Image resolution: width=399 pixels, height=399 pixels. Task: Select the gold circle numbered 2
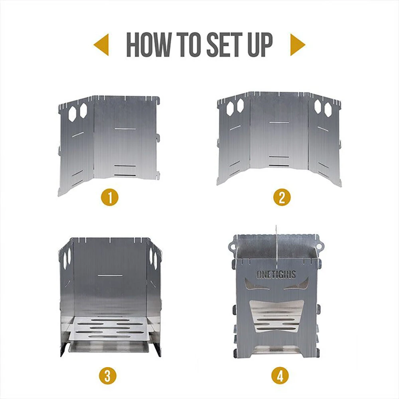click(x=282, y=197)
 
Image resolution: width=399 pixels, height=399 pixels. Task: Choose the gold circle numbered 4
click(x=280, y=375)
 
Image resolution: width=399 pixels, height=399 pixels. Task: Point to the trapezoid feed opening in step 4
click(x=276, y=315)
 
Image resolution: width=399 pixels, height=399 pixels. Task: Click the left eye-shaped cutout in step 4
click(x=255, y=286)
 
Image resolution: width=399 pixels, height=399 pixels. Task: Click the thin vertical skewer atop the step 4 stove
click(x=276, y=239)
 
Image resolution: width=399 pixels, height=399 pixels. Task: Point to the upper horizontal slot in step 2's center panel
click(x=279, y=122)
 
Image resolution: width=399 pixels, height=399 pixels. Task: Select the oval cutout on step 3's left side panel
click(x=66, y=259)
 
